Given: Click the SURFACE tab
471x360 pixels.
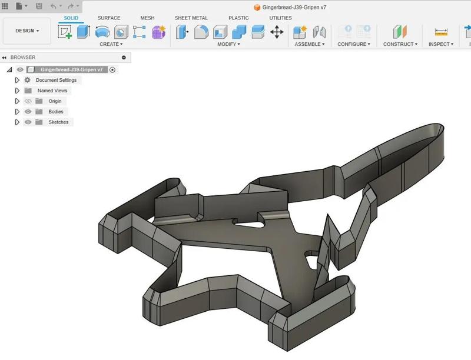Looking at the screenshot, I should pyautogui.click(x=109, y=18).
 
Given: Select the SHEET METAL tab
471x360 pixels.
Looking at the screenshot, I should pyautogui.click(x=191, y=18).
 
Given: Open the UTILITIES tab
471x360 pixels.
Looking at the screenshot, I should pyautogui.click(x=280, y=18).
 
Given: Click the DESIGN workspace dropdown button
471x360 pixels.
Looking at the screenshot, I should pyautogui.click(x=27, y=31).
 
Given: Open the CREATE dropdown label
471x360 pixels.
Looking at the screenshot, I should pyautogui.click(x=111, y=44).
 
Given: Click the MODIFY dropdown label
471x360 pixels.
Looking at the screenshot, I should pyautogui.click(x=228, y=44).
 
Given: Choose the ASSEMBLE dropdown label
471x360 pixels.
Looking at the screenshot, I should pyautogui.click(x=310, y=44).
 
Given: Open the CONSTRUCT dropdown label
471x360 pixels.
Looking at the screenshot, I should pyautogui.click(x=400, y=44).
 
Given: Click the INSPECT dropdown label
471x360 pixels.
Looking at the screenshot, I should pyautogui.click(x=440, y=44).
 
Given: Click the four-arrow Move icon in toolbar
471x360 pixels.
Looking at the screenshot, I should pyautogui.click(x=277, y=32).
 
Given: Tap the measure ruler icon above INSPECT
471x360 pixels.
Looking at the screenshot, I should pyautogui.click(x=441, y=32).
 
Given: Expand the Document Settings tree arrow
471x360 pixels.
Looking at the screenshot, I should pyautogui.click(x=18, y=80).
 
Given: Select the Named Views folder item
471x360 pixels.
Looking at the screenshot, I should pyautogui.click(x=52, y=91).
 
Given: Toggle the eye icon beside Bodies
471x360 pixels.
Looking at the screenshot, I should pyautogui.click(x=28, y=112).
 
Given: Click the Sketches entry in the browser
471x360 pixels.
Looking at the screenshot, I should pyautogui.click(x=58, y=122).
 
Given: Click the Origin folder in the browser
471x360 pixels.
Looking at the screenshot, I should pyautogui.click(x=54, y=101).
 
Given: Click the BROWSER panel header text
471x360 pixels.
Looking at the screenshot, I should pyautogui.click(x=23, y=57).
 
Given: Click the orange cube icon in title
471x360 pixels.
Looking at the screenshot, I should pyautogui.click(x=257, y=7).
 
